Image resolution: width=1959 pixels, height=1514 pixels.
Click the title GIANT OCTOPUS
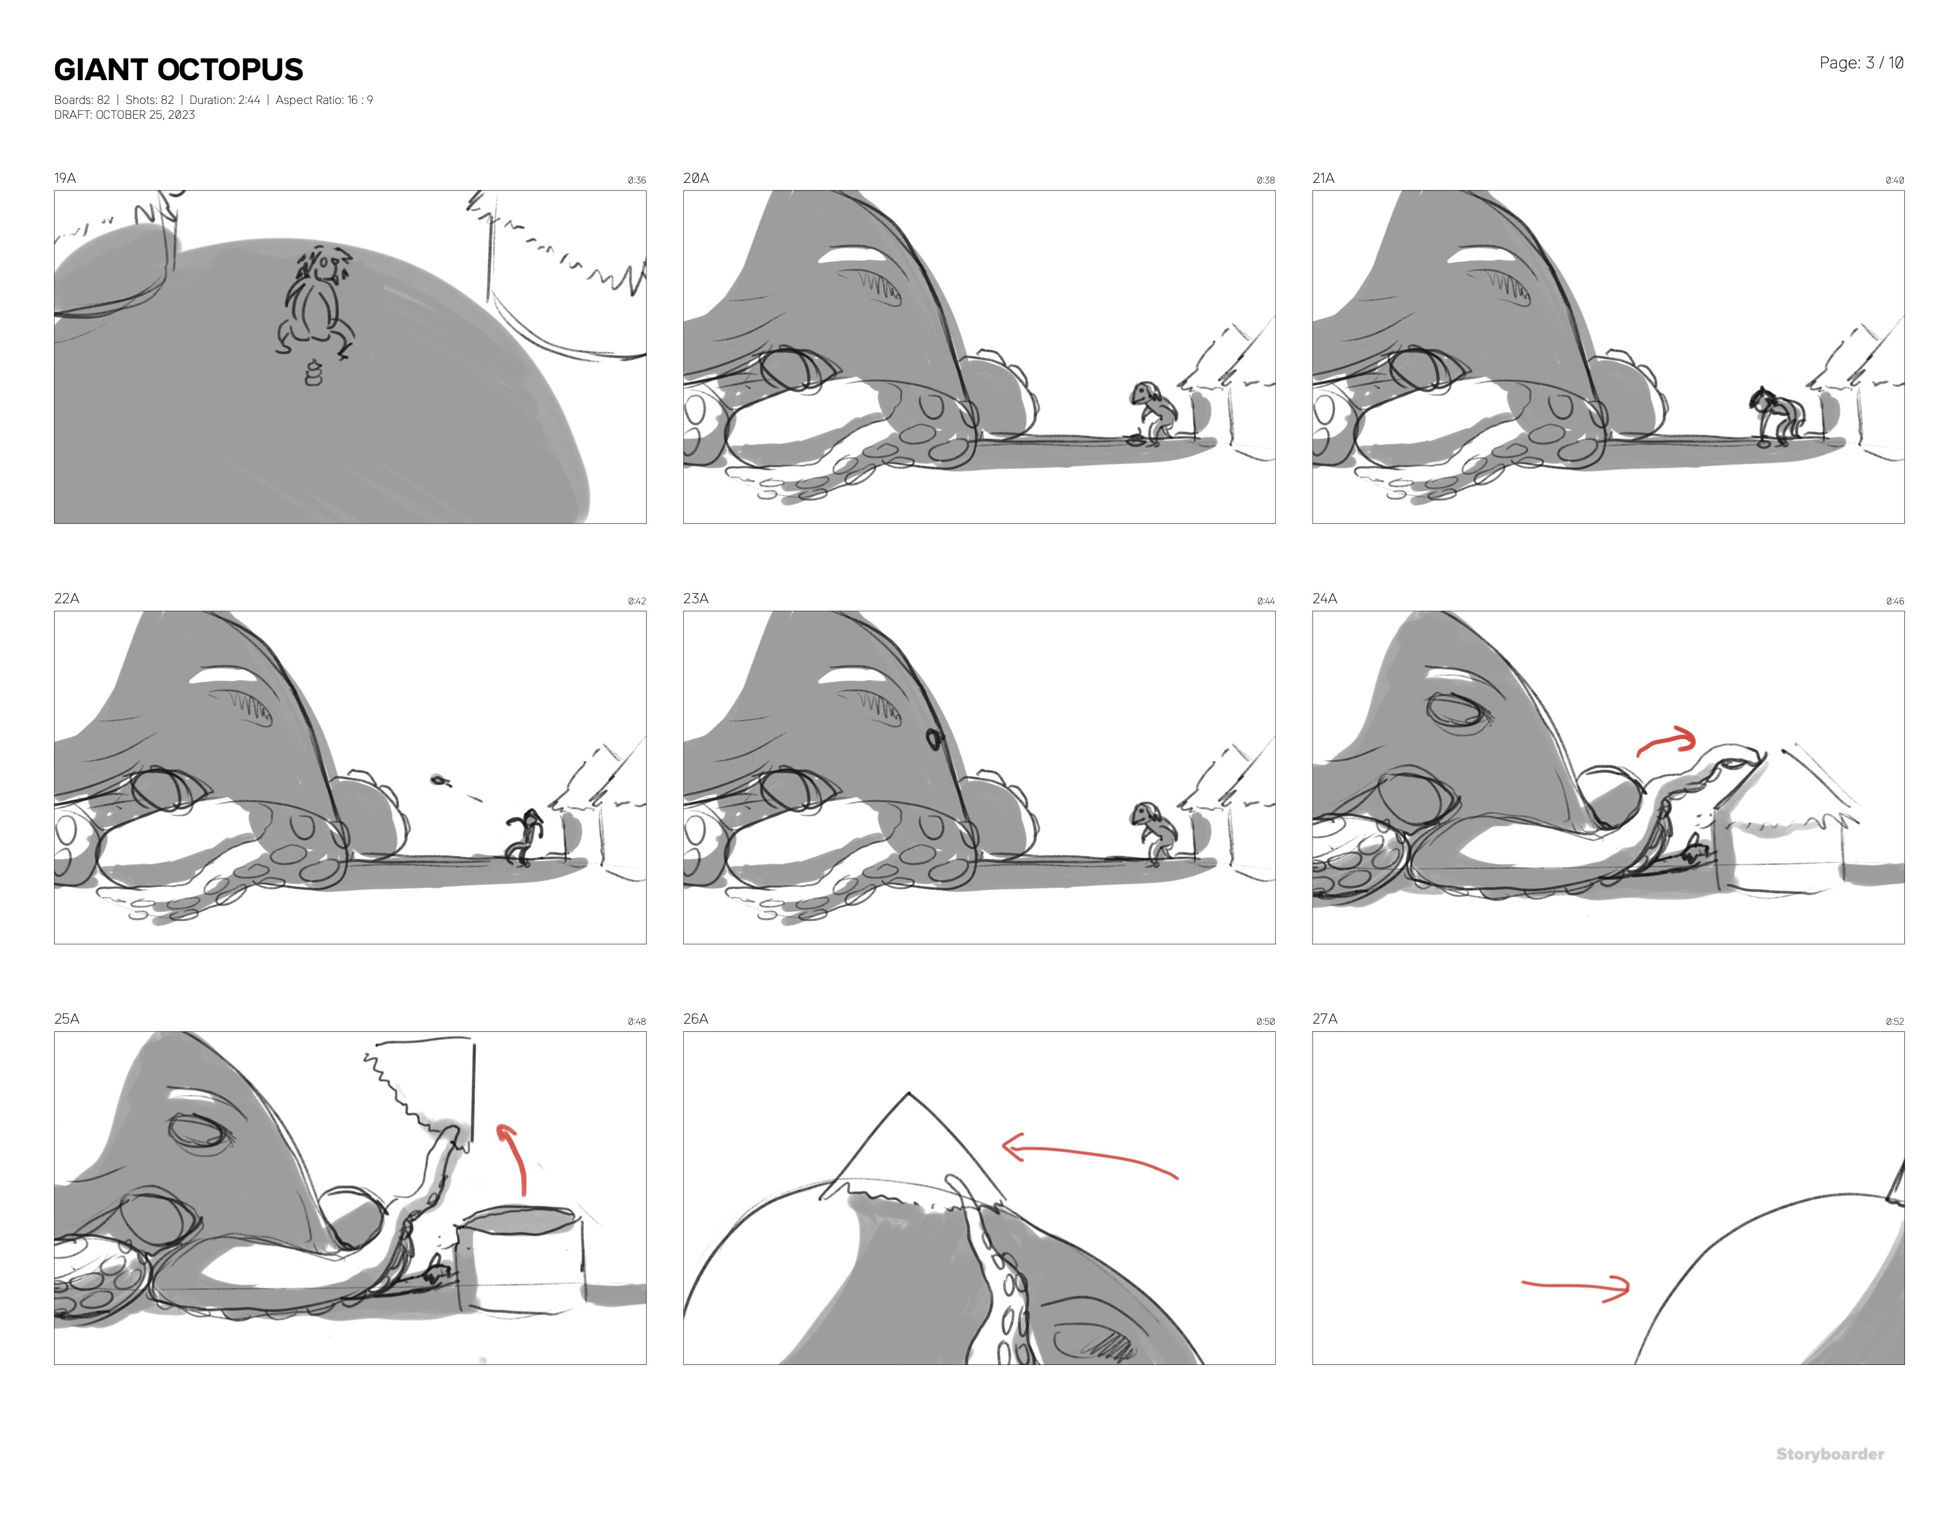[179, 70]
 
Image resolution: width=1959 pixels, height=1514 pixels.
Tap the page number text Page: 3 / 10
[1861, 63]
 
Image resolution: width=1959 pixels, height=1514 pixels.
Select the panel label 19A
[65, 178]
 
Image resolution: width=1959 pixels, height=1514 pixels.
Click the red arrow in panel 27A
[1576, 1287]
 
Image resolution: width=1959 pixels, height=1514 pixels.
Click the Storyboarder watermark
[1830, 1454]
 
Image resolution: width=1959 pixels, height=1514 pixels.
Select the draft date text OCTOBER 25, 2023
[145, 115]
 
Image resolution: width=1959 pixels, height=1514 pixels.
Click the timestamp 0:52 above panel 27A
[1894, 1022]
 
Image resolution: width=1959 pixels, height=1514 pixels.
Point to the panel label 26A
[695, 1019]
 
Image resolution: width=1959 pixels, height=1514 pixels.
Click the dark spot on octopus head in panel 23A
[934, 739]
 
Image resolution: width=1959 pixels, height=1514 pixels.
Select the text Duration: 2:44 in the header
[224, 100]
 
